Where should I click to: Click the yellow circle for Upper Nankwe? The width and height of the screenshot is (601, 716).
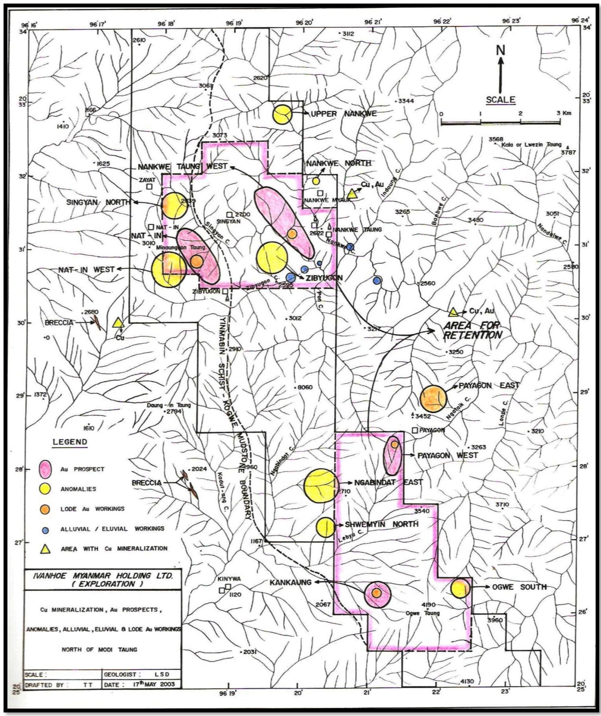click(282, 114)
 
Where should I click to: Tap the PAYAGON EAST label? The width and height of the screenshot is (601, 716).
click(489, 385)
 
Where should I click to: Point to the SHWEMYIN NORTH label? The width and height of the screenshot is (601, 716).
click(382, 524)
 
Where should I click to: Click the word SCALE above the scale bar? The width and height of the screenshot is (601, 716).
click(500, 100)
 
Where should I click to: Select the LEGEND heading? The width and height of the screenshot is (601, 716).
click(70, 442)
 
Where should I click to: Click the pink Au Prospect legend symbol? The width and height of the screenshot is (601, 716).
click(45, 469)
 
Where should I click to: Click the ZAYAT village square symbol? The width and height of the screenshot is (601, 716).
click(149, 186)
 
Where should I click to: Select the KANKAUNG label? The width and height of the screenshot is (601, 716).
click(291, 582)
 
